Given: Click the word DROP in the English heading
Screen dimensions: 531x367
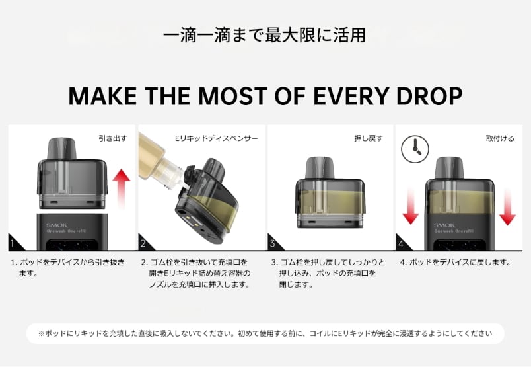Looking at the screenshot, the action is [x=429, y=96].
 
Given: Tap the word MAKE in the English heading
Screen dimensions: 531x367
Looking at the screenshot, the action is [x=102, y=96].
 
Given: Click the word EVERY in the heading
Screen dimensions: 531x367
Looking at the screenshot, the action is [x=351, y=96].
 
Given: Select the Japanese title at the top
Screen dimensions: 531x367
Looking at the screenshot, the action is [x=264, y=35].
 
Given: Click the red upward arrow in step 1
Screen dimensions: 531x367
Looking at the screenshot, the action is [x=122, y=189].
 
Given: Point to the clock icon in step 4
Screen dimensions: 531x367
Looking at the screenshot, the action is [x=415, y=149].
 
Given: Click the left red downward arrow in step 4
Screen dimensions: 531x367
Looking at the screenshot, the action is [x=411, y=206].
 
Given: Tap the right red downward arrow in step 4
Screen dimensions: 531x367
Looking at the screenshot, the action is [x=507, y=207].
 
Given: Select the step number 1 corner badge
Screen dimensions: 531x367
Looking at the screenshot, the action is [x=14, y=243].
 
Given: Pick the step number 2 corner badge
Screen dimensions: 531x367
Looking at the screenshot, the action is [x=144, y=243].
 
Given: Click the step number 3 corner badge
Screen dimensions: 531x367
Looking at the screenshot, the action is [x=273, y=243].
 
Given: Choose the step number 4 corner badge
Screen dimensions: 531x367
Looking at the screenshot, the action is [x=402, y=243].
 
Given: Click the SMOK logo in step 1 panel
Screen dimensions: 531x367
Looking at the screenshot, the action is [x=57, y=225].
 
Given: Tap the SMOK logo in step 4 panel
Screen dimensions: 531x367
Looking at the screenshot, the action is [x=444, y=225].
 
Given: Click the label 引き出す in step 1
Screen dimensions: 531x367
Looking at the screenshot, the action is [x=113, y=138].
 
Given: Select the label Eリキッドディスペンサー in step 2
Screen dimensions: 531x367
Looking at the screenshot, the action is [x=217, y=138].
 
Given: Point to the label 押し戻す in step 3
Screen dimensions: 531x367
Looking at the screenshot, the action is [x=369, y=138].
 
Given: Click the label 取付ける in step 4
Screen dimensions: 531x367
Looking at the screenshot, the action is [x=500, y=138].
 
